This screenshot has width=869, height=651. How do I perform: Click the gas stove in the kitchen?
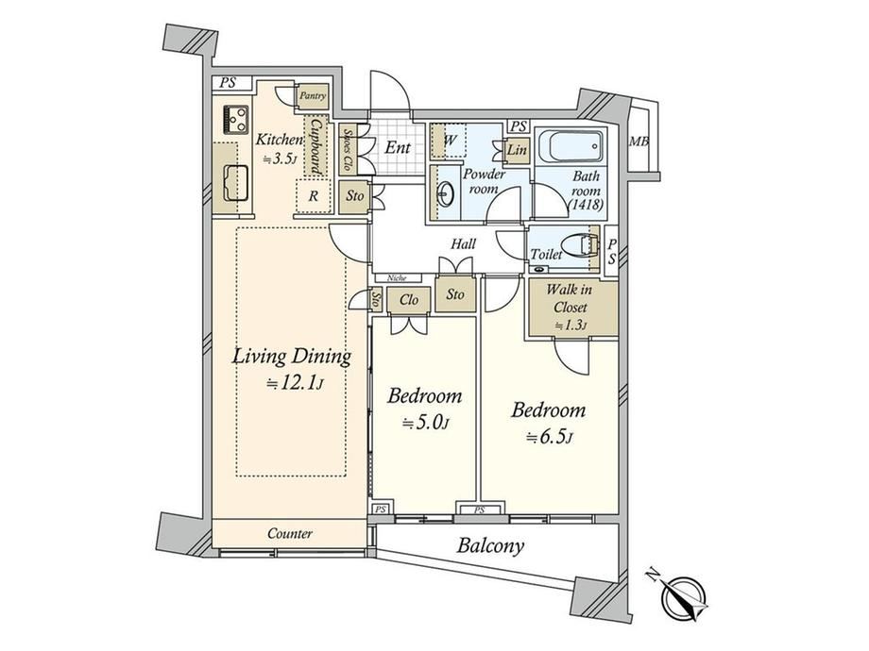236,120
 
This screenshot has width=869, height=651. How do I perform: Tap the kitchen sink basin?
235,183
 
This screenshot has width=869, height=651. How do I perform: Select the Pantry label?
313,96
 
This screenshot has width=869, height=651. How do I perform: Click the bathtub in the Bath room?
571,146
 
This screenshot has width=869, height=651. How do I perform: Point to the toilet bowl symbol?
579,244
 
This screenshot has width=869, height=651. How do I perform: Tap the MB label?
639,142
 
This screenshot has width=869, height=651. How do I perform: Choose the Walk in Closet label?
570,298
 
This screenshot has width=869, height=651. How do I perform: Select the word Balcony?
490,546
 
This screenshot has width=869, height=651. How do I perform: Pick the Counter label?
290,534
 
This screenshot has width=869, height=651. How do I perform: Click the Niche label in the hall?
397,278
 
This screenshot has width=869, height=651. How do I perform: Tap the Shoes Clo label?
348,149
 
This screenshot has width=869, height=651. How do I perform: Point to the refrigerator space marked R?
314,196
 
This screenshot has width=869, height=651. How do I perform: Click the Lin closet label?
517,150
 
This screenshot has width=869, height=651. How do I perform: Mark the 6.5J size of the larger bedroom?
549,438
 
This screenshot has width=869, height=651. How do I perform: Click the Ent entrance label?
398,147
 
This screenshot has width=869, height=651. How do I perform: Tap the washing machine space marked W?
451,140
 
